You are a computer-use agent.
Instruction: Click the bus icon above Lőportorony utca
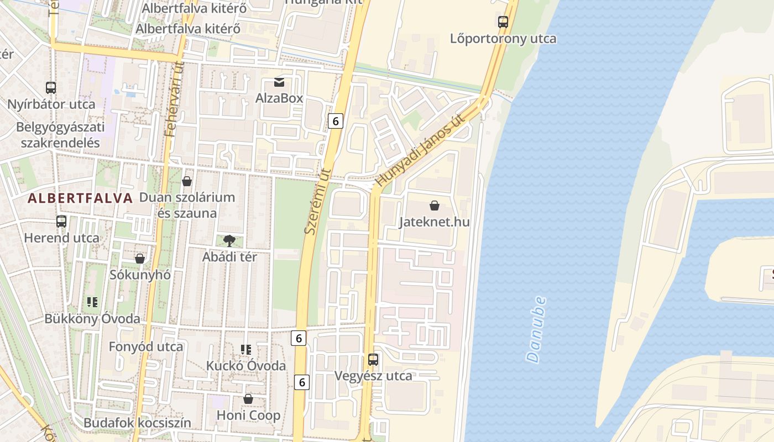(503, 22)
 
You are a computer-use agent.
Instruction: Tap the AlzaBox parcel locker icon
(279, 83)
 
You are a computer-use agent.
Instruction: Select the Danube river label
(536, 330)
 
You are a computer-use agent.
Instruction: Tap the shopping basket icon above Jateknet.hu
(435, 206)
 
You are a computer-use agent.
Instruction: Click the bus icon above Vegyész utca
(373, 360)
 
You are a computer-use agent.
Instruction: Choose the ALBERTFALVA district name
(81, 198)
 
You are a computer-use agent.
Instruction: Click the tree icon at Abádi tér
(229, 241)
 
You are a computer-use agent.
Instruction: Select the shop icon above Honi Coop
(248, 399)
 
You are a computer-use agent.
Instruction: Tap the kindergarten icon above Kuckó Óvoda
(246, 349)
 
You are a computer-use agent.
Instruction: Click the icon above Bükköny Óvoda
(92, 302)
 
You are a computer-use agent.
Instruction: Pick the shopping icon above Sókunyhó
(140, 259)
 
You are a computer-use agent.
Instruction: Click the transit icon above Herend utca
(61, 222)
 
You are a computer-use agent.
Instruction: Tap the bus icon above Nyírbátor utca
(51, 87)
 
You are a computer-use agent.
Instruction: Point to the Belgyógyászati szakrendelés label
(60, 135)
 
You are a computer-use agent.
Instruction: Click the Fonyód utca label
(146, 347)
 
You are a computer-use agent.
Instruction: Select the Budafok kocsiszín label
(137, 423)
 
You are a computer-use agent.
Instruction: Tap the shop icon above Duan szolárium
(187, 181)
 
